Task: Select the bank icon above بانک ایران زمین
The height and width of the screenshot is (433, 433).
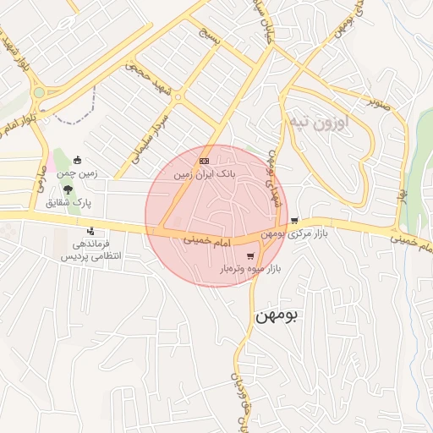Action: [x=204, y=161]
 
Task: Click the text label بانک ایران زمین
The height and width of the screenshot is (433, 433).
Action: [x=203, y=174]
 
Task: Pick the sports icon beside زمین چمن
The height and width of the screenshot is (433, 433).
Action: [x=78, y=160]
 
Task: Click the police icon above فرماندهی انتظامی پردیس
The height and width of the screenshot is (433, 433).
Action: [x=90, y=231]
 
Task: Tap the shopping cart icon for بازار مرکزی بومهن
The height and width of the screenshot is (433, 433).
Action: [x=293, y=221]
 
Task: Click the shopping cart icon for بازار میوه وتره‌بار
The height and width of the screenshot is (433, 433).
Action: [x=249, y=255]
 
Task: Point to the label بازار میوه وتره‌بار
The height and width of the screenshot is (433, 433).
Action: [x=250, y=269]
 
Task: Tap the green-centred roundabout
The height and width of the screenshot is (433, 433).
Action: [x=39, y=92]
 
